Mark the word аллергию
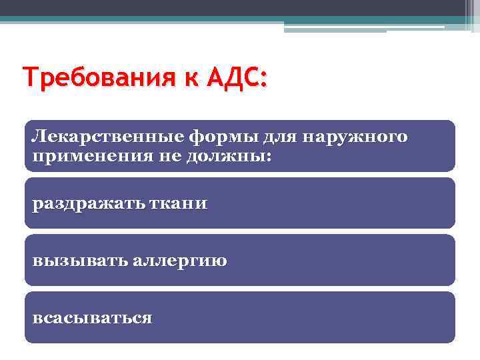point(179,261)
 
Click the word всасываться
point(92,318)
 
